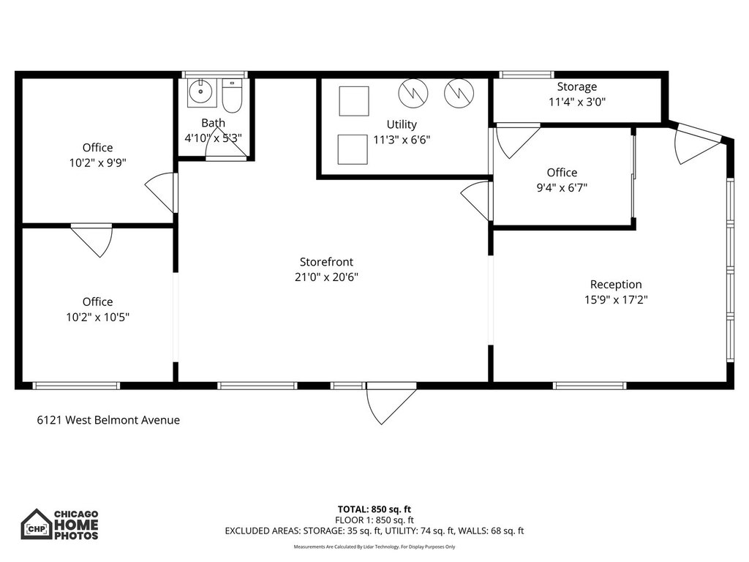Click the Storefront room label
click(x=328, y=262)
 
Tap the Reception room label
click(x=615, y=285)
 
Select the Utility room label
click(x=402, y=124)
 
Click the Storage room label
click(x=576, y=87)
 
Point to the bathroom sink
click(x=198, y=93)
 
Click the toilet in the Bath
click(x=231, y=95)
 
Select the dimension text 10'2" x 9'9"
click(x=97, y=163)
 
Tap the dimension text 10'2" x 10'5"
click(x=97, y=317)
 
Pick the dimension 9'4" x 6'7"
click(x=562, y=187)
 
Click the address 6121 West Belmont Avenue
click(x=108, y=420)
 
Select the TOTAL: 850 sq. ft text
click(x=374, y=509)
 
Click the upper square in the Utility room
click(x=354, y=101)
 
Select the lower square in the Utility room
click(x=353, y=149)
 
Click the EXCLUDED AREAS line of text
click(x=374, y=531)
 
